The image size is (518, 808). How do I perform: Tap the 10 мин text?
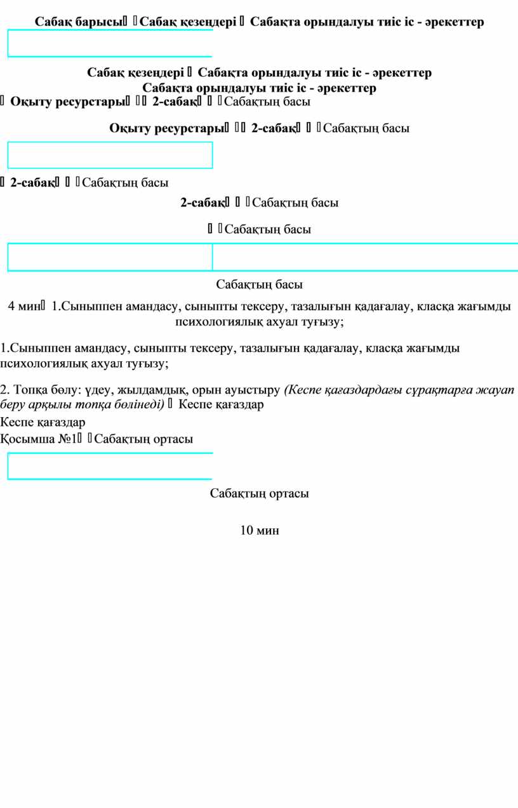pos(259,530)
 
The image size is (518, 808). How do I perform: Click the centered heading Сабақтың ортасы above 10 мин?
pos(259,493)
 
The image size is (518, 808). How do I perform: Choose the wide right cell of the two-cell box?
pos(365,257)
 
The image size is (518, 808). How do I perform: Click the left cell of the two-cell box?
pos(110,257)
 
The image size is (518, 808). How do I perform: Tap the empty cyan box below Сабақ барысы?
pos(110,43)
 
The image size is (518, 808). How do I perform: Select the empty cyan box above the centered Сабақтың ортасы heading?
pos(110,466)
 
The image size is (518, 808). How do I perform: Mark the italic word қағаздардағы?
pos(359,389)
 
